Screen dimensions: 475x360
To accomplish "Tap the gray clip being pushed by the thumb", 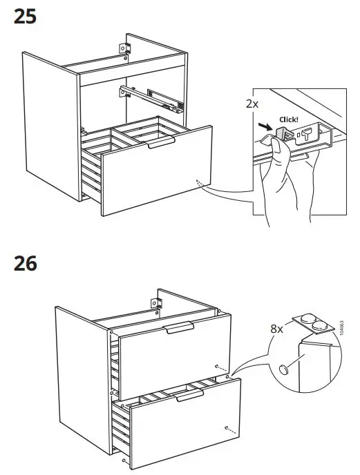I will pyautogui.click(x=283, y=130).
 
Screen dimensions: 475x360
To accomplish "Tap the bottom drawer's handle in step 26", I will pyautogui.click(x=189, y=394).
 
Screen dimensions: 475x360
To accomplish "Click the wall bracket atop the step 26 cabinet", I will pyautogui.click(x=155, y=302).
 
